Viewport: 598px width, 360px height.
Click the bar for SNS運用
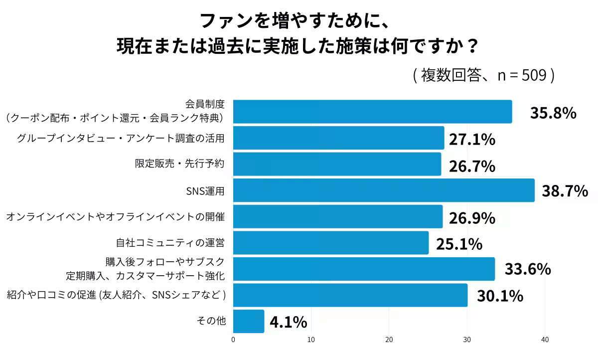[x=384, y=190]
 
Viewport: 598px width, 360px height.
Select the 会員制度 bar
[x=372, y=112]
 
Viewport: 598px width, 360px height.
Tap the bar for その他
[x=249, y=322]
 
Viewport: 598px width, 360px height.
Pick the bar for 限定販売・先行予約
[x=337, y=164]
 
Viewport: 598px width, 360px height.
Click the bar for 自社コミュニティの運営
[x=331, y=243]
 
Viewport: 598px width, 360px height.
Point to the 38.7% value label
[x=565, y=191]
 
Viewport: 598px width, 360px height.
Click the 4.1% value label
[x=288, y=323]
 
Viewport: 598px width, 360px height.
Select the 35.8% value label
[x=553, y=113]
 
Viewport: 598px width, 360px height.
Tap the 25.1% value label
[x=459, y=244]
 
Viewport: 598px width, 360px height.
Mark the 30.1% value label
[x=500, y=296]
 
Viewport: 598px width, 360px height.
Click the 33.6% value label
[x=528, y=269]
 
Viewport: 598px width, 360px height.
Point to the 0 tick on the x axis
[x=234, y=340]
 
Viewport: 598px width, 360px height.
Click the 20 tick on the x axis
[x=389, y=340]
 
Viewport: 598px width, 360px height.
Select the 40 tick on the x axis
[x=545, y=340]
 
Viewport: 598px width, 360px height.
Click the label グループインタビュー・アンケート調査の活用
[x=121, y=138]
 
